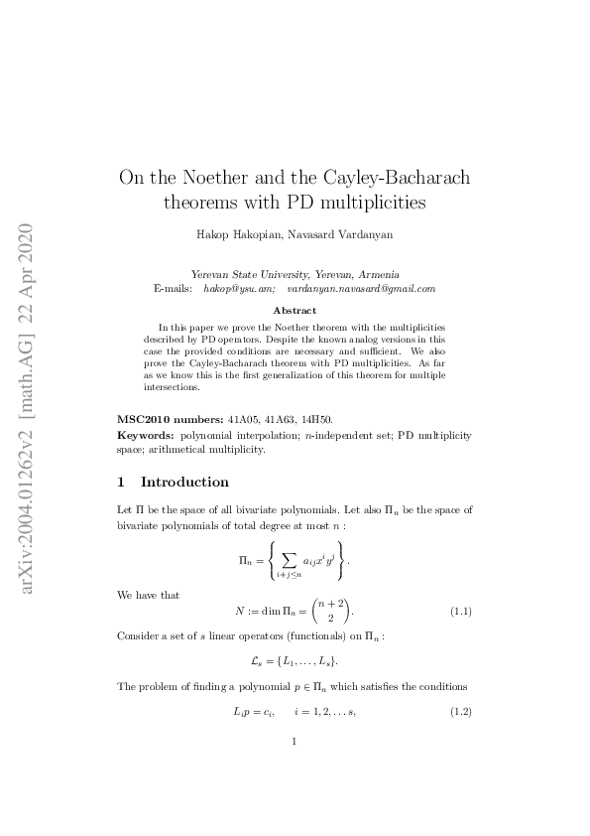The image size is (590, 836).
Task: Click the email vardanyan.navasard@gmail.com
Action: (361, 288)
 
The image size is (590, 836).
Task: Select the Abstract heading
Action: (295, 311)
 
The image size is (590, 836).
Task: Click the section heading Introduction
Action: (184, 483)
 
